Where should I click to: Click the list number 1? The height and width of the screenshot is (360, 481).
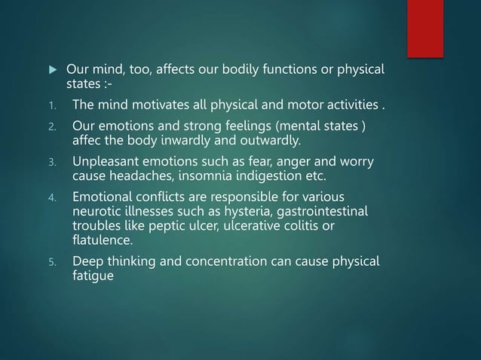coord(52,103)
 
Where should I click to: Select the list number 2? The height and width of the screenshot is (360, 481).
coord(52,125)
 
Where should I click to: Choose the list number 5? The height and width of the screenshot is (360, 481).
coord(52,263)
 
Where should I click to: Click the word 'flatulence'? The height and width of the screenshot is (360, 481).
coord(101,240)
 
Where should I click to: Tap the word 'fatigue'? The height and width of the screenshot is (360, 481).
coord(93,276)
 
